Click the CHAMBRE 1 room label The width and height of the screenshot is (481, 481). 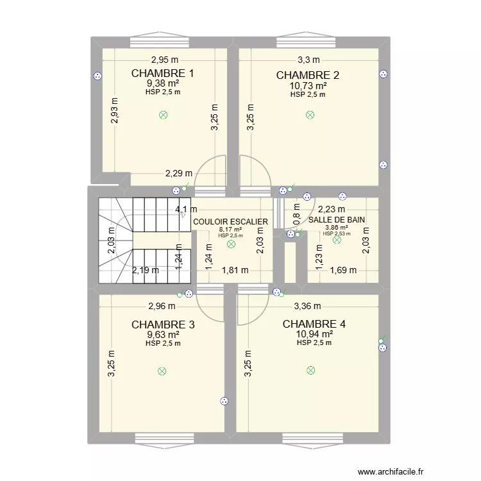(163, 73)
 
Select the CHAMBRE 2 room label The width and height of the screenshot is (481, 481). (308, 75)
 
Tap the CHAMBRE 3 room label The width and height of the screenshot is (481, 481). (163, 325)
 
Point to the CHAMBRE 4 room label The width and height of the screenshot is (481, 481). (314, 324)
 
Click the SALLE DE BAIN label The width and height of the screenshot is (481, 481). (337, 219)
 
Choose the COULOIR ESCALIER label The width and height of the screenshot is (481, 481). (230, 221)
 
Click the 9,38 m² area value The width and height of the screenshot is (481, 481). (163, 83)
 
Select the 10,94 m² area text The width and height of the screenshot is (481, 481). (314, 334)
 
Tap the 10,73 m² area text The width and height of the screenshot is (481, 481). (308, 85)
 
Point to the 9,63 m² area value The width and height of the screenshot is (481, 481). (163, 334)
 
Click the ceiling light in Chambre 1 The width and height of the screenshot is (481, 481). (163, 115)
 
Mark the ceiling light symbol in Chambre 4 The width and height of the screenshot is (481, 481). (311, 370)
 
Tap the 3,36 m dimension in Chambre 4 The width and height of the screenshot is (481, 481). (308, 306)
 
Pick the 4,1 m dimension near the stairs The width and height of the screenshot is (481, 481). (182, 208)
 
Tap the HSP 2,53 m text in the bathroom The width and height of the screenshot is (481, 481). (337, 233)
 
